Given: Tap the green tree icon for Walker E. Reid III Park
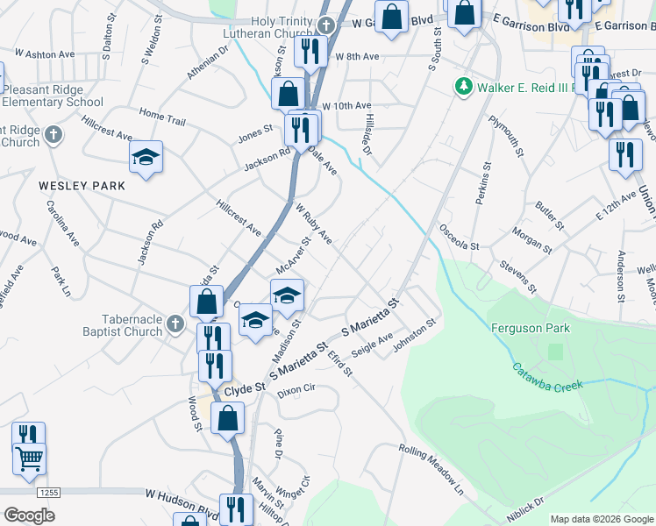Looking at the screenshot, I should (x=461, y=87).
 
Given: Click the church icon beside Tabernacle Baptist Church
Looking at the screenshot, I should (x=175, y=325).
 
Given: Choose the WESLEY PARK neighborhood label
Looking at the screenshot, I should (x=82, y=186).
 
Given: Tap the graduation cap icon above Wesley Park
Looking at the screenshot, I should (x=146, y=158).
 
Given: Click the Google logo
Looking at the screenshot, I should (x=29, y=515).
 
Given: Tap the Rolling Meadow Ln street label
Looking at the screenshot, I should (x=431, y=466).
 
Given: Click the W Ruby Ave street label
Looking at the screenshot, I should (x=313, y=225).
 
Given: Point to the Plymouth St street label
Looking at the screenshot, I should (x=505, y=136).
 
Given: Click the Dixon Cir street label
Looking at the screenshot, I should (x=296, y=390).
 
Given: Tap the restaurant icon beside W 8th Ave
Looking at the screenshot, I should (x=309, y=53).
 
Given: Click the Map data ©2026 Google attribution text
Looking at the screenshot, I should (x=601, y=518).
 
